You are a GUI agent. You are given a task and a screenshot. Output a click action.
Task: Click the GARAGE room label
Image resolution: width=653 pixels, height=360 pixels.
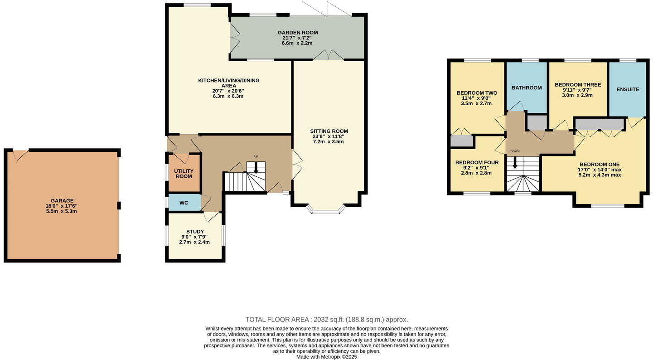pyautogui.click(x=63, y=201)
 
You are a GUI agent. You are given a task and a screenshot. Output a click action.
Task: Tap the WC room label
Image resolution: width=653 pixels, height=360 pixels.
pyautogui.click(x=184, y=203)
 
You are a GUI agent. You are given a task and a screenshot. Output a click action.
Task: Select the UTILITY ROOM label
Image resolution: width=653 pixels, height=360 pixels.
pyautogui.click(x=184, y=174)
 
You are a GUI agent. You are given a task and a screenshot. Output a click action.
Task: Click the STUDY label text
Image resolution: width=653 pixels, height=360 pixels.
pyautogui.click(x=195, y=232)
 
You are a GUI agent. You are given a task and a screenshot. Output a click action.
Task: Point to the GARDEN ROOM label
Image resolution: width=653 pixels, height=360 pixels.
pyautogui.click(x=298, y=33)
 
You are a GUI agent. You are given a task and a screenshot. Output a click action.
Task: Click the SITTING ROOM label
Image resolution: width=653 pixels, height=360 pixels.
pyautogui.click(x=329, y=131)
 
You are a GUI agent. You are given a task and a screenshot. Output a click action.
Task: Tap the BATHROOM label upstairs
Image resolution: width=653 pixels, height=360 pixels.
pyautogui.click(x=527, y=88)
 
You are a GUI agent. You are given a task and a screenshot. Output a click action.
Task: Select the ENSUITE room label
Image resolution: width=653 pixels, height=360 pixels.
pyautogui.click(x=628, y=90)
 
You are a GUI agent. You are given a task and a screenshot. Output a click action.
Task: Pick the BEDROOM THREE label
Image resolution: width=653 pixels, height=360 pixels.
pyautogui.click(x=578, y=85)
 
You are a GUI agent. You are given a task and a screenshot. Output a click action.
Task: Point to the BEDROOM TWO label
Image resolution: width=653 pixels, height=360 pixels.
pyautogui.click(x=477, y=93)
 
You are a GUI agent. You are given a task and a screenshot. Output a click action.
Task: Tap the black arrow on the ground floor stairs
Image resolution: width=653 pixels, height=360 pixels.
pyautogui.click(x=256, y=168)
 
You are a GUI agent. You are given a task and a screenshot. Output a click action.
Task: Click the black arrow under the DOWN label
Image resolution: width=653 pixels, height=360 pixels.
pyautogui.click(x=515, y=162)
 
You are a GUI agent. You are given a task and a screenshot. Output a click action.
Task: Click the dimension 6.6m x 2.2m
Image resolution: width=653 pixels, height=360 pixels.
pyautogui.click(x=298, y=44)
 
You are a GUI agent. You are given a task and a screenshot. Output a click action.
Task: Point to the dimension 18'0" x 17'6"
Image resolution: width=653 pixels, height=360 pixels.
pyautogui.click(x=63, y=206)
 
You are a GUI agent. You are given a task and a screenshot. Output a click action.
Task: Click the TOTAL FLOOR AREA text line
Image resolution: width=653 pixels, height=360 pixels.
pyautogui.click(x=326, y=320)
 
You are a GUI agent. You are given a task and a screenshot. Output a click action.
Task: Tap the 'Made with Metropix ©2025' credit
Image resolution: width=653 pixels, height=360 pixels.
pyautogui.click(x=326, y=357)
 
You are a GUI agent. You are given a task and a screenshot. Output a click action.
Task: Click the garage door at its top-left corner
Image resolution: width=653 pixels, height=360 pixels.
pyautogui.click(x=20, y=154)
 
